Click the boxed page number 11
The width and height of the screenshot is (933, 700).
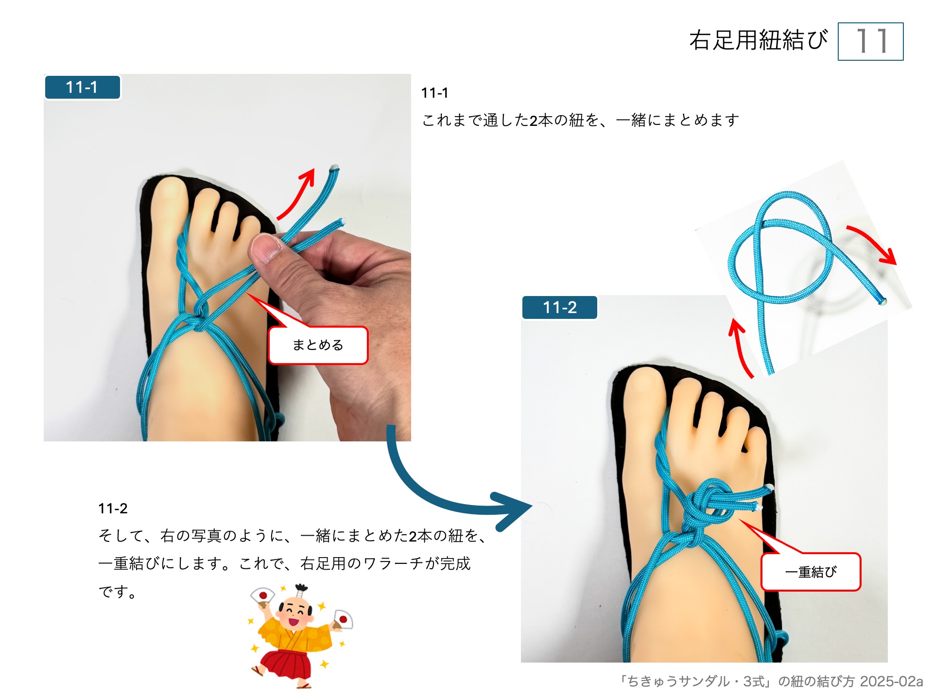(x=870, y=41)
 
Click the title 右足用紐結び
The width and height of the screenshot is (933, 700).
(x=758, y=40)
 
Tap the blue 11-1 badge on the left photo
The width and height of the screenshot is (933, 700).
(x=82, y=87)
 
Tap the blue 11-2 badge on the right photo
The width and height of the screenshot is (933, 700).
(x=560, y=308)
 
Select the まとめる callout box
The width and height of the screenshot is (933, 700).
(x=318, y=345)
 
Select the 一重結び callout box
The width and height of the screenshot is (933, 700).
(x=811, y=572)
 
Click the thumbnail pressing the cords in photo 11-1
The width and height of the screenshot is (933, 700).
(x=265, y=248)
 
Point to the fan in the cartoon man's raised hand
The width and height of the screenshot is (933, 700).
(x=263, y=595)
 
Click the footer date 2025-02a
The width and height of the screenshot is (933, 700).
(x=891, y=682)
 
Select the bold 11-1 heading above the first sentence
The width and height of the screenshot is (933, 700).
(x=434, y=93)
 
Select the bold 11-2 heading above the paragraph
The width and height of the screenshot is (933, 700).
(x=113, y=508)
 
